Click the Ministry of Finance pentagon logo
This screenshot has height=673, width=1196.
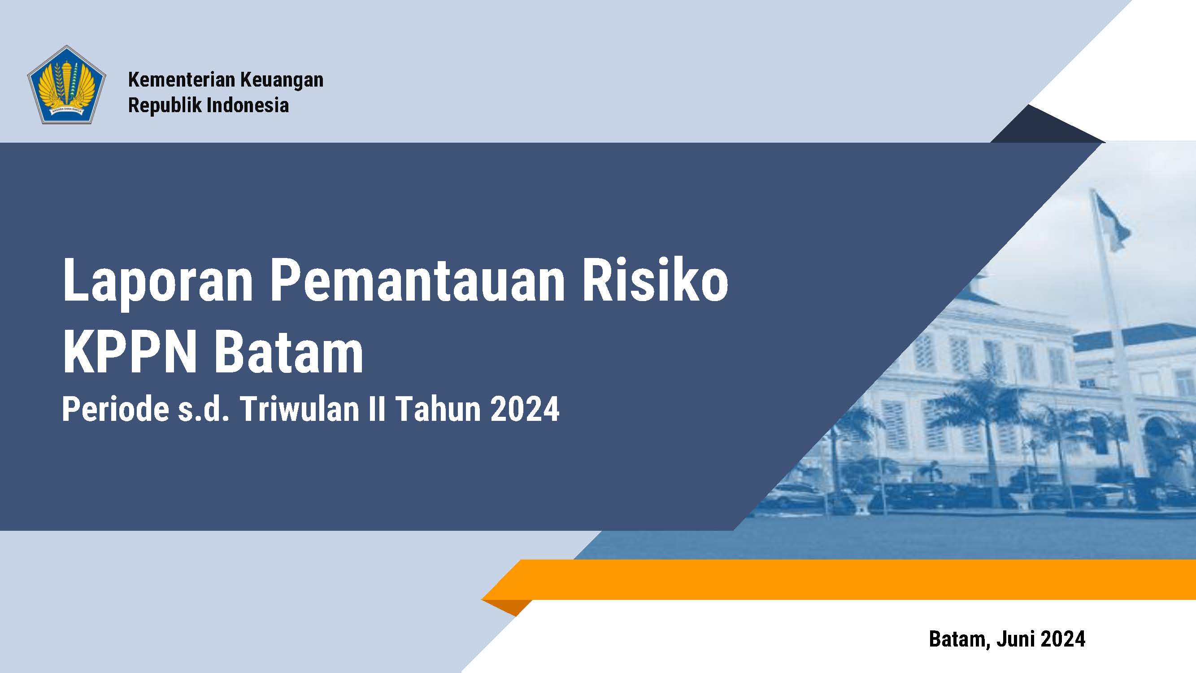coord(66,84)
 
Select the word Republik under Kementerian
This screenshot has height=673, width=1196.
coord(165,105)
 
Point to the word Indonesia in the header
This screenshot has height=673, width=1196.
coord(248,105)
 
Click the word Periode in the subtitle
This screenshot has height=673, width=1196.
coord(116,409)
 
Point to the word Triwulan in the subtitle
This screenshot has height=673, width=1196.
coord(301,409)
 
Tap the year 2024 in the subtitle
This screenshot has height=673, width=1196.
coord(524,409)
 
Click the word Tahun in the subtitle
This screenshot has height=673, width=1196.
coord(439,409)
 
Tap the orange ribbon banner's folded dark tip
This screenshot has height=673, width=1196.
coord(507,607)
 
